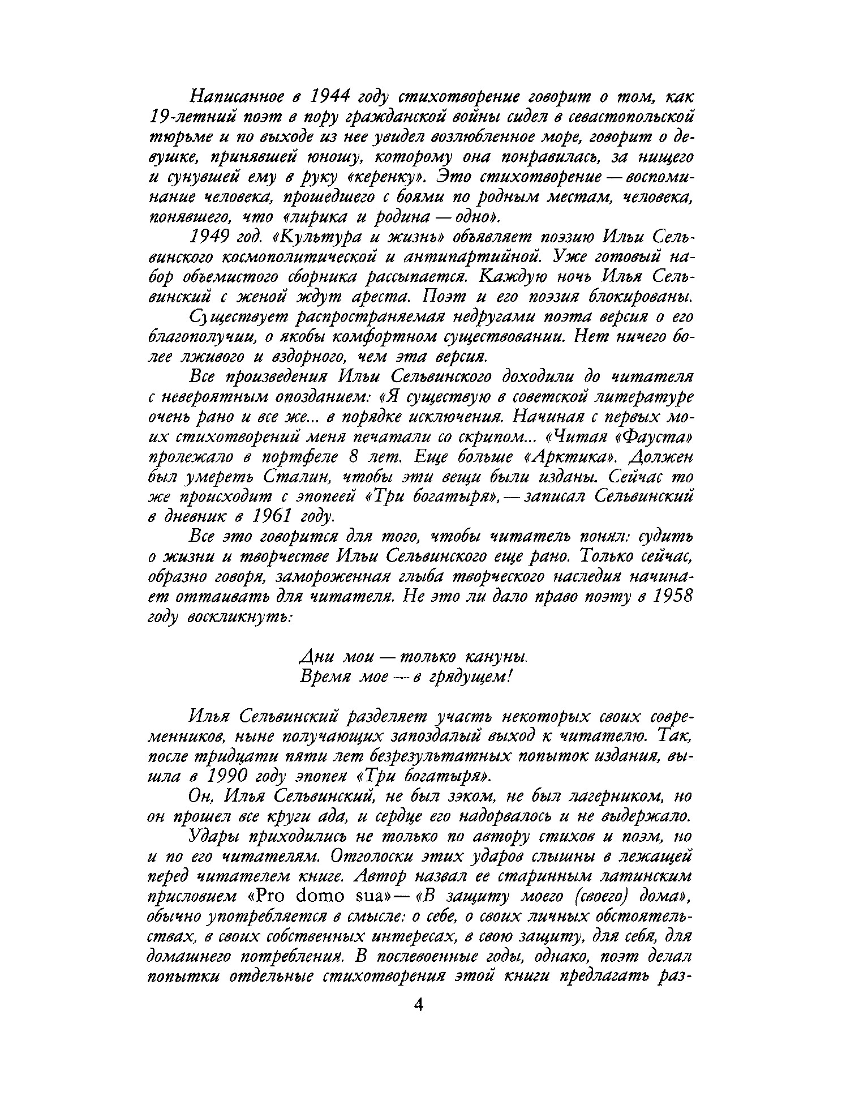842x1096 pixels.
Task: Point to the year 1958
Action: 671,597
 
